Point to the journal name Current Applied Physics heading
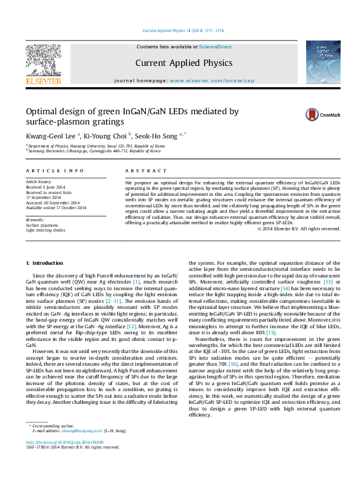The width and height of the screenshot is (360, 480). coord(183,63)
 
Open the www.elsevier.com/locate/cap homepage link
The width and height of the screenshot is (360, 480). coord(212,80)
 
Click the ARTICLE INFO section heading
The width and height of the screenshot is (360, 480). coord(54,171)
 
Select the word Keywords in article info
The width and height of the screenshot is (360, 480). coord(35,219)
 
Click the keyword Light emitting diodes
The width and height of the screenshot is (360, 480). coord(45,230)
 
